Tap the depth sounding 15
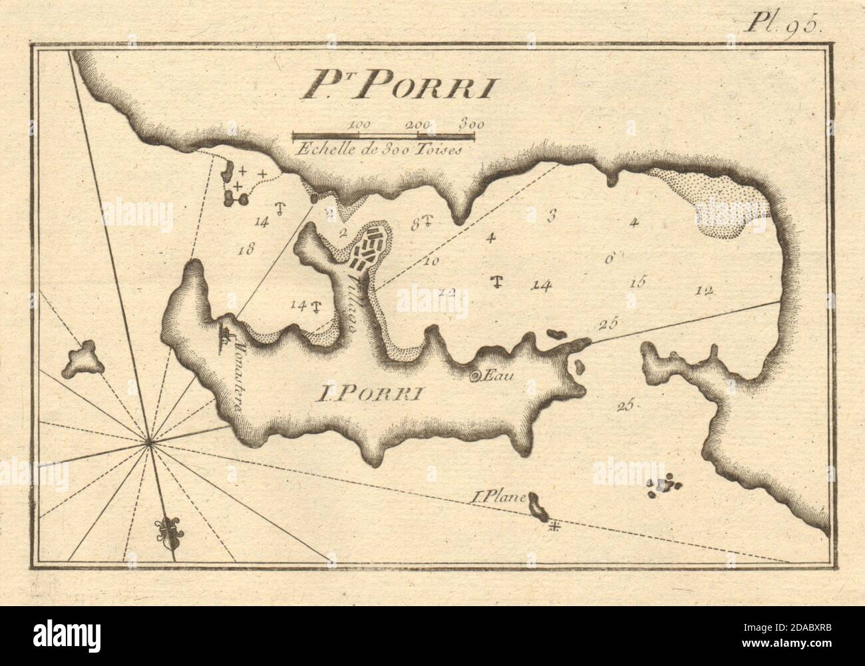click(x=637, y=283)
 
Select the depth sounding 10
click(x=431, y=261)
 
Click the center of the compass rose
click(x=150, y=440)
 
